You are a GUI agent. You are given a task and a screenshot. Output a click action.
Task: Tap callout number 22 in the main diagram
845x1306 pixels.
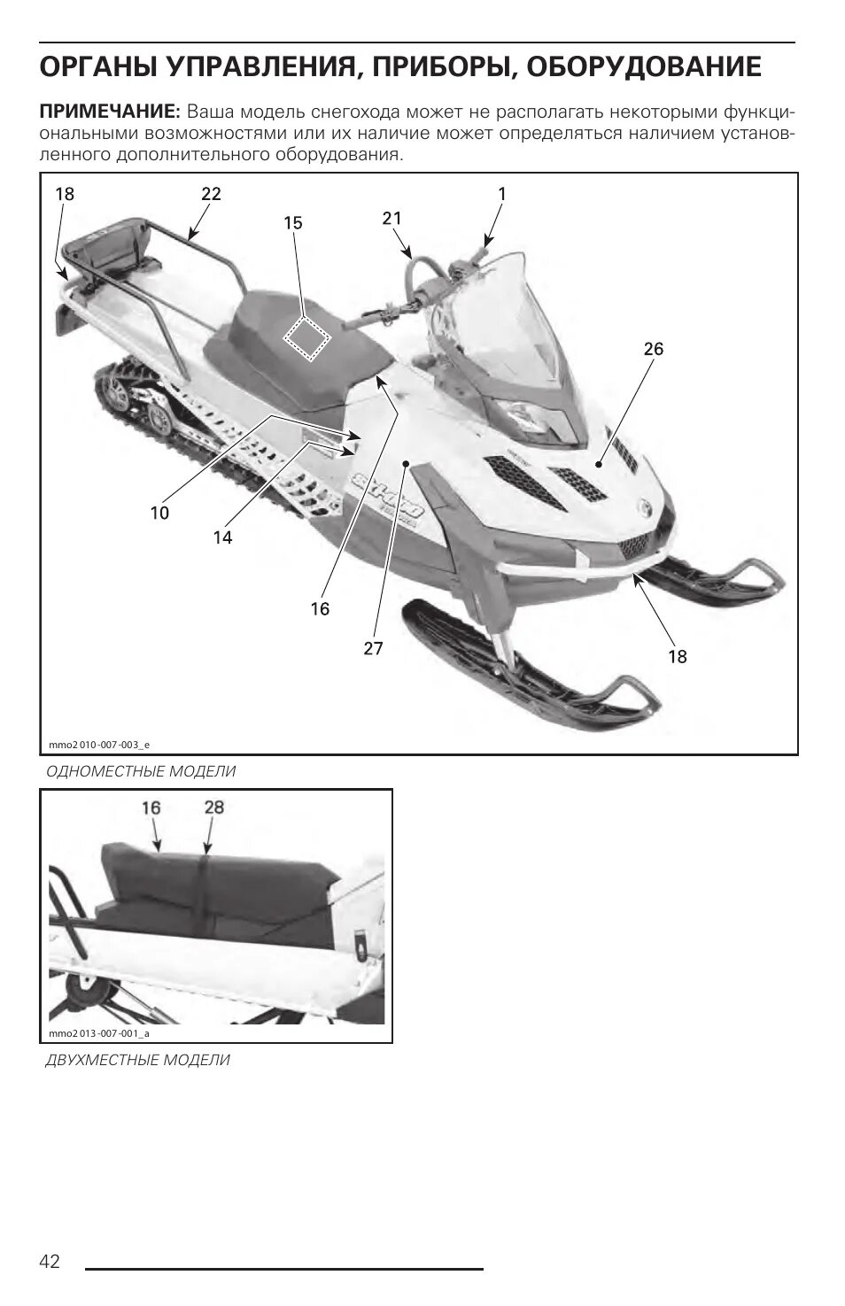[211, 194]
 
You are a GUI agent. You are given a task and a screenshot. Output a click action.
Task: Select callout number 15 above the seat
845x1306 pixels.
[292, 223]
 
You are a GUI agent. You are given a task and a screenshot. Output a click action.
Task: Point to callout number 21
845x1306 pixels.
[392, 218]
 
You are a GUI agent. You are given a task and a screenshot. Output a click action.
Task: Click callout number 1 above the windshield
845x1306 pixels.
[501, 193]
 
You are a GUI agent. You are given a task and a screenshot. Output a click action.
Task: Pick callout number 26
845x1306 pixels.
[653, 349]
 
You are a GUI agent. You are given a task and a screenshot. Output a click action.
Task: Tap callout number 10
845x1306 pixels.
[159, 513]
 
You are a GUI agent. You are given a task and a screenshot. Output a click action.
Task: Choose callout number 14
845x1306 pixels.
[222, 537]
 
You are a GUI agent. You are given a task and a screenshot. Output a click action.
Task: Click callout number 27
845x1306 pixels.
[373, 648]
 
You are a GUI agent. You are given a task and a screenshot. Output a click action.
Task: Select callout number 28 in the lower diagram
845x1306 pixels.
[213, 807]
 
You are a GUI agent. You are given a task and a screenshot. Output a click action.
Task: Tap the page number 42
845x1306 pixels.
[50, 1262]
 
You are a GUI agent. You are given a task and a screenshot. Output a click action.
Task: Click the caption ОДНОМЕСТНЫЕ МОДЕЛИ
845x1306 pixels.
[141, 771]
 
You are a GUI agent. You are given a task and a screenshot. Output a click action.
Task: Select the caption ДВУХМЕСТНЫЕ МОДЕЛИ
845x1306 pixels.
[137, 1060]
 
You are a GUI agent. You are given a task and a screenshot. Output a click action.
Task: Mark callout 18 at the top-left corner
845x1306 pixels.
[64, 194]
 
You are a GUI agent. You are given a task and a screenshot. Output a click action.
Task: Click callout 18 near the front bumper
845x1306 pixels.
[678, 656]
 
